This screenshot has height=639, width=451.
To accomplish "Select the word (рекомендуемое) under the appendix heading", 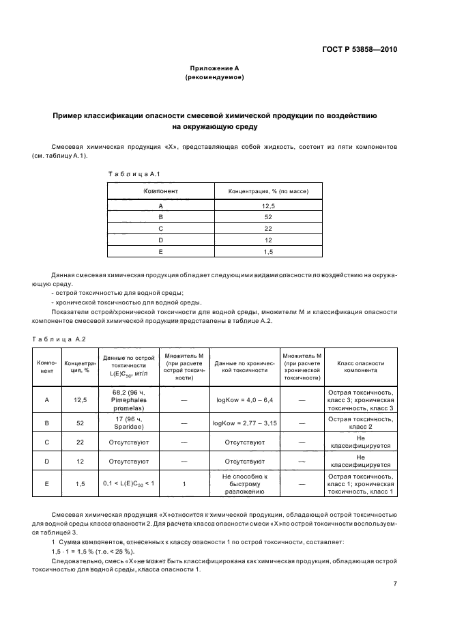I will (214, 78).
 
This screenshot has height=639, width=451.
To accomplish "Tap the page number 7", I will (395, 583).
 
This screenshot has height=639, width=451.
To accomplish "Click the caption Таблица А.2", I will (59, 338).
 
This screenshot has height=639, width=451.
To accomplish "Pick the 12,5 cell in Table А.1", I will (267, 205).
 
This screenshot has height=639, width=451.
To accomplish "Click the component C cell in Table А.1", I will (160, 228).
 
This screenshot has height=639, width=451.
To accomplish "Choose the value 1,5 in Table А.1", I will (267, 251).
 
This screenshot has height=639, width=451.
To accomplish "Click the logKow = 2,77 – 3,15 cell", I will (244, 423).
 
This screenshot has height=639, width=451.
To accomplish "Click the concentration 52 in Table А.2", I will (81, 423).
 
